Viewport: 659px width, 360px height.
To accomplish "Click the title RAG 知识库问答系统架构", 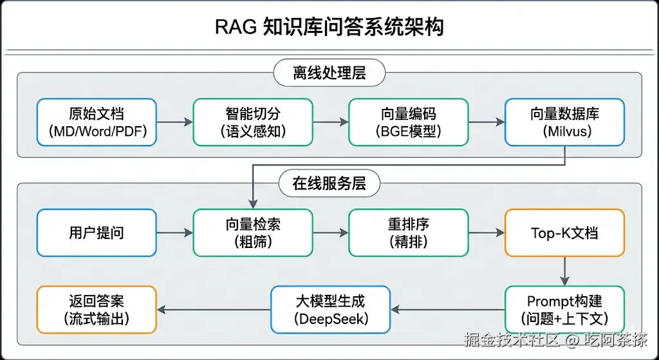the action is (x=329, y=28).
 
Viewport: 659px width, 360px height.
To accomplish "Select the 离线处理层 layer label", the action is (x=329, y=73).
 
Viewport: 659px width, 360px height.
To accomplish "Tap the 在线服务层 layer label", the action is (x=329, y=184).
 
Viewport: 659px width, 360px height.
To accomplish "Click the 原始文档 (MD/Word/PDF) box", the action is (x=97, y=122).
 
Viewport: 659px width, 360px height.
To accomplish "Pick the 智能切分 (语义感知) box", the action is (x=253, y=122).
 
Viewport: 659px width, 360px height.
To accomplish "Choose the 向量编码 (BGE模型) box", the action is (x=409, y=122).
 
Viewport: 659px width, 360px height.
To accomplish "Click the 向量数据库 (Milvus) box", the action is (x=565, y=122).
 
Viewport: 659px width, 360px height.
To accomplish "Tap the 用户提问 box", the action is (x=97, y=232).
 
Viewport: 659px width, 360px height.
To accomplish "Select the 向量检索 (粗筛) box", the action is (x=253, y=232).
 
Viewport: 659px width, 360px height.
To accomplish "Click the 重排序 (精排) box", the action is (x=409, y=232).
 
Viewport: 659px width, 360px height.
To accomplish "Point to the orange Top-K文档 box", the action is (x=565, y=232).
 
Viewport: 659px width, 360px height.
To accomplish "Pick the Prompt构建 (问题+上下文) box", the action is (x=565, y=310).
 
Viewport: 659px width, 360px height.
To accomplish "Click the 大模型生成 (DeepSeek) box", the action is (x=331, y=310).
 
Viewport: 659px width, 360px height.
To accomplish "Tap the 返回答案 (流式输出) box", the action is (x=97, y=310).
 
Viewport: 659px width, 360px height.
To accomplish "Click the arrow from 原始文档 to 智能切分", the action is (x=175, y=122).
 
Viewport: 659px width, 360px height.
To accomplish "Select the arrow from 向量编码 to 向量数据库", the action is (x=487, y=122).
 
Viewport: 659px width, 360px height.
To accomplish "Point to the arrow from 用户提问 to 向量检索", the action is (x=175, y=232).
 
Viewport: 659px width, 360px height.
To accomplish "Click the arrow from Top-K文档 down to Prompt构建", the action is (x=565, y=271).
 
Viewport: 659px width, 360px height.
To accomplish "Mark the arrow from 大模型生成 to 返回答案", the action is (x=214, y=310).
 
